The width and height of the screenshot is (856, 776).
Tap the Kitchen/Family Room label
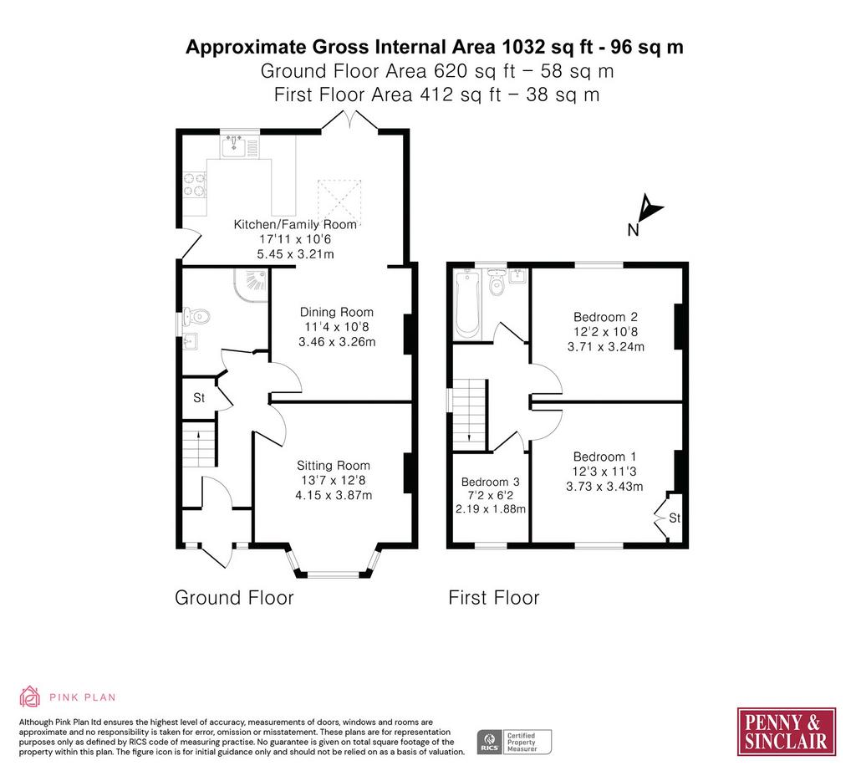(x=295, y=224)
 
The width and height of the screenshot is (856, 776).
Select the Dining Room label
(x=337, y=313)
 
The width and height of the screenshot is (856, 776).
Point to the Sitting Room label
(x=334, y=465)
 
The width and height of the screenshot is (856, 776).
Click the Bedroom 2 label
(x=605, y=317)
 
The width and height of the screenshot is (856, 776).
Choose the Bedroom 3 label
(x=490, y=482)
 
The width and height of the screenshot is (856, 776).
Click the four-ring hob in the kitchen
(x=195, y=184)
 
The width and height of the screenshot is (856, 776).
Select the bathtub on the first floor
(x=467, y=303)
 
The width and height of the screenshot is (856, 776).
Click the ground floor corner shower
(x=252, y=283)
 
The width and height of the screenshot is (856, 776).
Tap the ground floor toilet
(x=196, y=315)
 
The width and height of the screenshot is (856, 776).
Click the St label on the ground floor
(x=199, y=397)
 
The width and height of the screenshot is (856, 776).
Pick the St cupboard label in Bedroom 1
(x=675, y=518)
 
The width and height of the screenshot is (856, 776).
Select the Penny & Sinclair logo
(x=786, y=732)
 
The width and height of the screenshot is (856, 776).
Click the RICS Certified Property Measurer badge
(x=514, y=743)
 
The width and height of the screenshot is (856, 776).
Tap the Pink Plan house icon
(x=29, y=697)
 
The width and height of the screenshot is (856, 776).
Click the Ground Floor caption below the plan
(x=234, y=597)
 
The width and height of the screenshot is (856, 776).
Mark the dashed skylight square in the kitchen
(x=339, y=201)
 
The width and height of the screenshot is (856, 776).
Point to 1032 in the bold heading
(x=523, y=47)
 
